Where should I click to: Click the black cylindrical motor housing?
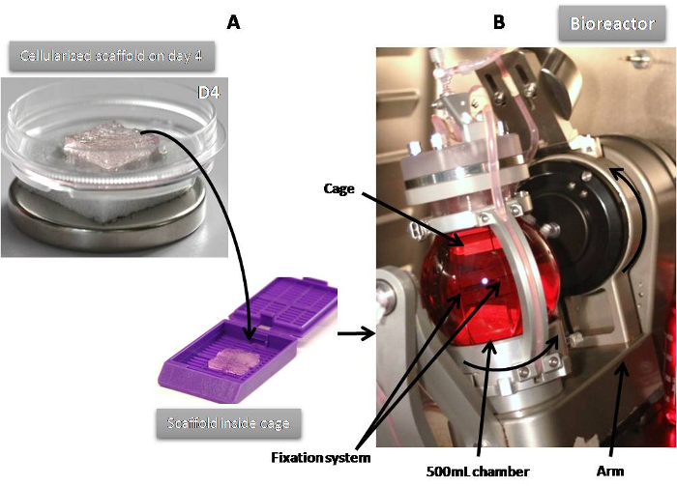click(x=571, y=222)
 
